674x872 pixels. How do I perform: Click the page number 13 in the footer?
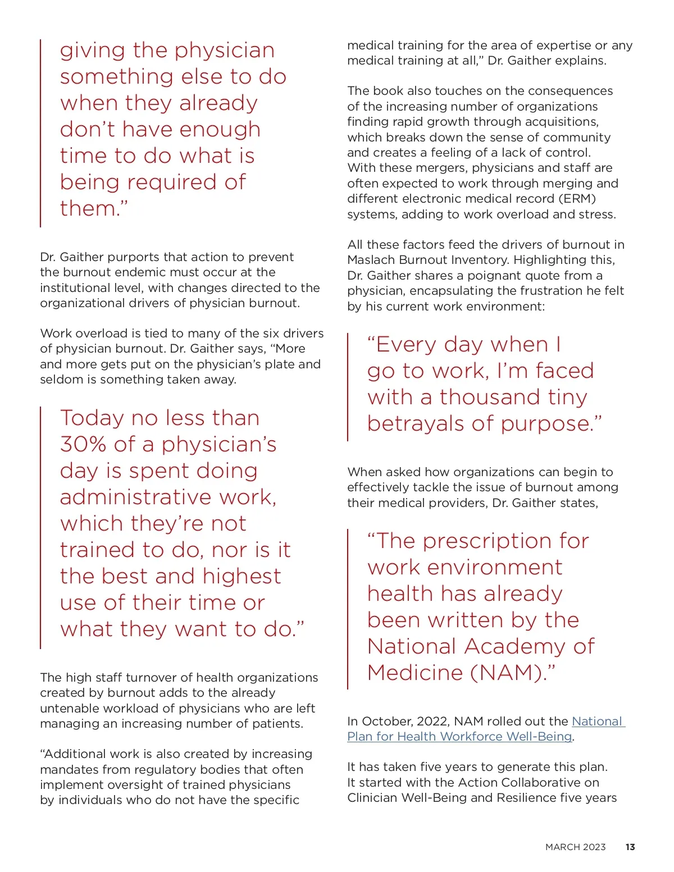630,847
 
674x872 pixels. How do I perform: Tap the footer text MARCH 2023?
575,847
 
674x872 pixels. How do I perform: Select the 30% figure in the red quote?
83,444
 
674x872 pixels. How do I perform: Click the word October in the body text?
387,721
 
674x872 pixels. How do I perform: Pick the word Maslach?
371,260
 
